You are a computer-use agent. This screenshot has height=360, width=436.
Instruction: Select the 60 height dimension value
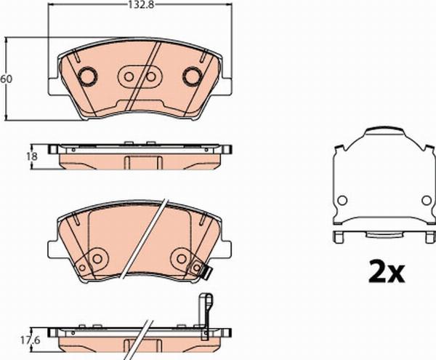[7, 79]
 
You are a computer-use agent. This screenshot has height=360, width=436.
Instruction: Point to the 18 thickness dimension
[32, 156]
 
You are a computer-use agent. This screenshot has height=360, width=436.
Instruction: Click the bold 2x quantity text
[387, 271]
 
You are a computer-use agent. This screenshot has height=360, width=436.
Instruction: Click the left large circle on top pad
[88, 76]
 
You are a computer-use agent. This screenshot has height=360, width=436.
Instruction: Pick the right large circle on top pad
[192, 76]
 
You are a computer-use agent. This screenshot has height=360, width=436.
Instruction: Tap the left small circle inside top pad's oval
[129, 77]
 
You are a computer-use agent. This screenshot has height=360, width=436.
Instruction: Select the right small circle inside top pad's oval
[150, 77]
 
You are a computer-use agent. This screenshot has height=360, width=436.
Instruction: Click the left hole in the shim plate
[342, 200]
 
